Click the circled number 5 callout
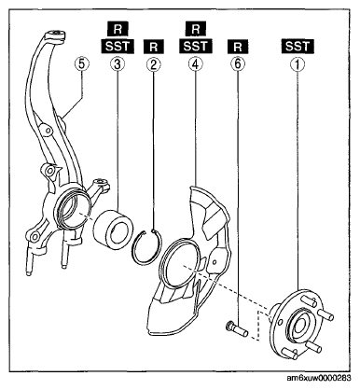(x=82, y=64)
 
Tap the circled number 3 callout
(x=118, y=64)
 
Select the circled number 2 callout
(x=154, y=64)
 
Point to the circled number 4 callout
(x=196, y=64)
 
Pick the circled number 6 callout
(x=238, y=64)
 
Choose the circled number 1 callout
(x=298, y=64)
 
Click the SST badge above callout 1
(x=298, y=46)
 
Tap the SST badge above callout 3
(x=118, y=46)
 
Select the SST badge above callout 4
(x=196, y=46)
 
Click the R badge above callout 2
(x=154, y=47)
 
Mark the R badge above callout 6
(x=238, y=47)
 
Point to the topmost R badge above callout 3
(x=118, y=29)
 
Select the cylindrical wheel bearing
(x=113, y=230)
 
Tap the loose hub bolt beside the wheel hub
(x=236, y=329)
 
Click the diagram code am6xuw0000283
(x=319, y=378)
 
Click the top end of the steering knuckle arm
(x=54, y=34)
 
